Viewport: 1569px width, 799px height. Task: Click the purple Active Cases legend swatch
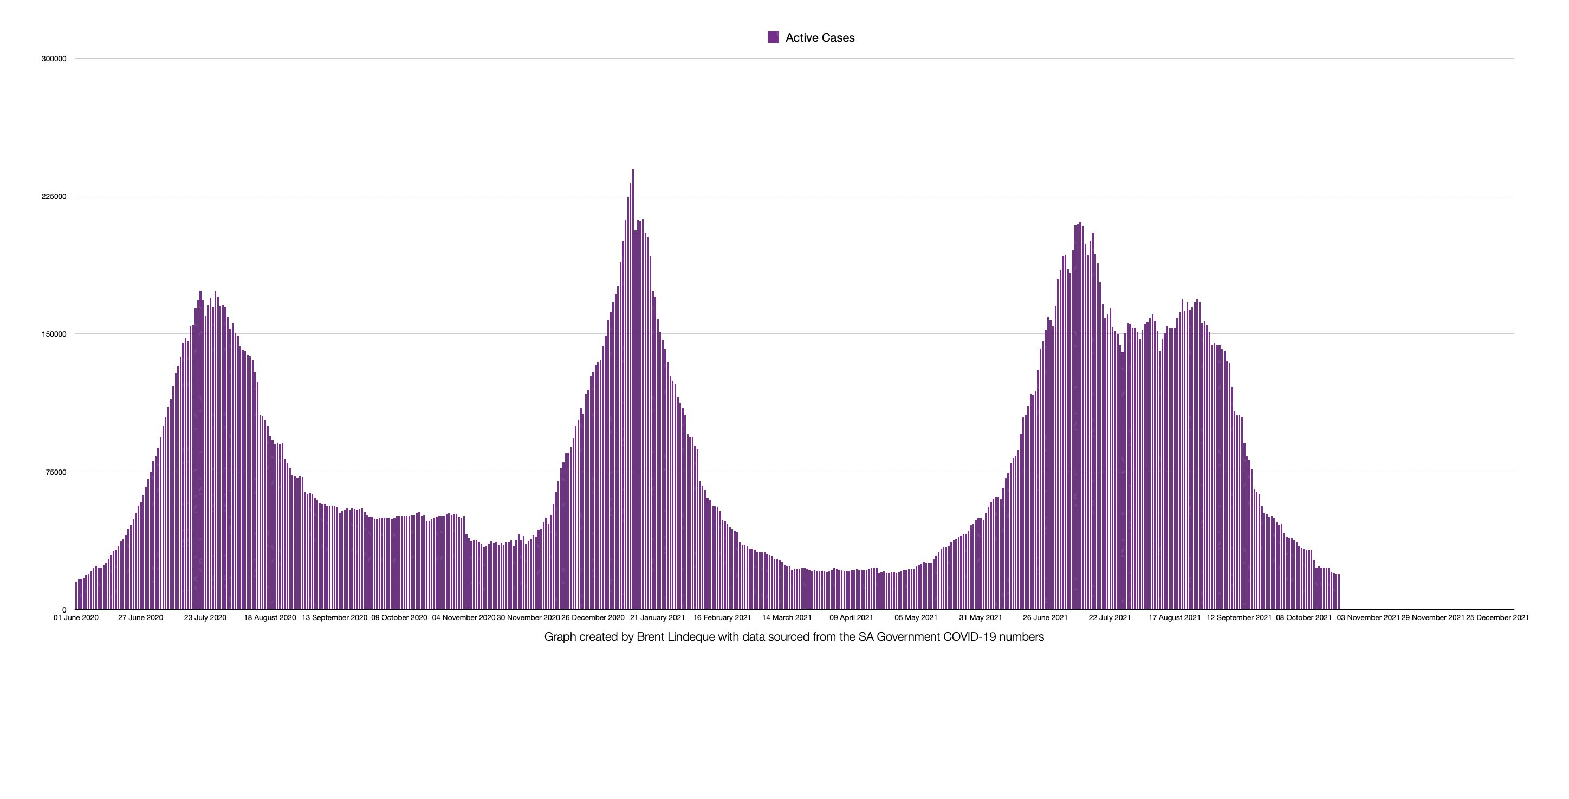(773, 37)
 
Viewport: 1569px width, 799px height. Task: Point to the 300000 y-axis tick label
(54, 59)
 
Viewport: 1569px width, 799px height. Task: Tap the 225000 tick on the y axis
(54, 196)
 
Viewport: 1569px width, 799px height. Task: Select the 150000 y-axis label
(54, 334)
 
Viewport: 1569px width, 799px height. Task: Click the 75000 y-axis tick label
(55, 472)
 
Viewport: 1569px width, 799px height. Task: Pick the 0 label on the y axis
(64, 610)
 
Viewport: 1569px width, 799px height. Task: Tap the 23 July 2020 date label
(205, 618)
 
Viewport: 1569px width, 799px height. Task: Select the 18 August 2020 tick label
(270, 618)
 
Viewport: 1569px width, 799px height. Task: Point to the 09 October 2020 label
(399, 618)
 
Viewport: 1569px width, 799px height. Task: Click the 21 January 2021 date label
(658, 618)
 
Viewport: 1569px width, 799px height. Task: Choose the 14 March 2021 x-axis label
(787, 618)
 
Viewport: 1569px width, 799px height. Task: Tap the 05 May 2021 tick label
(916, 618)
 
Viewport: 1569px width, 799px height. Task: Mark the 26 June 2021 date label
(1045, 618)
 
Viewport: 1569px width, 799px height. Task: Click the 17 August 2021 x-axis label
(1175, 618)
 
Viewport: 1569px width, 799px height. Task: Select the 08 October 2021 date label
(1304, 618)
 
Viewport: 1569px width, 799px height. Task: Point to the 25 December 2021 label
(1497, 618)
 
